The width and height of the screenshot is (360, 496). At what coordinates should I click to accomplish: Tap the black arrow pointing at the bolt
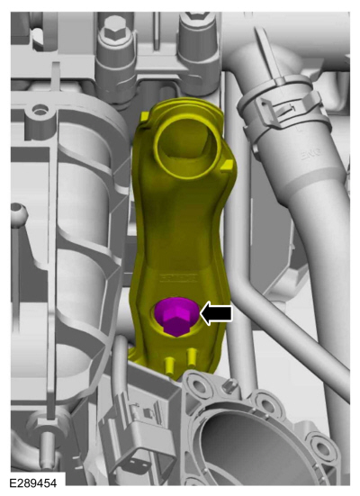point(215,313)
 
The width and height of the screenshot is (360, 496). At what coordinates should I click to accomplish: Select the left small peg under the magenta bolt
point(170,365)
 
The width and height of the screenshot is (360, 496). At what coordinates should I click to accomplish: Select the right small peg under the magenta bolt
point(191,363)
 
